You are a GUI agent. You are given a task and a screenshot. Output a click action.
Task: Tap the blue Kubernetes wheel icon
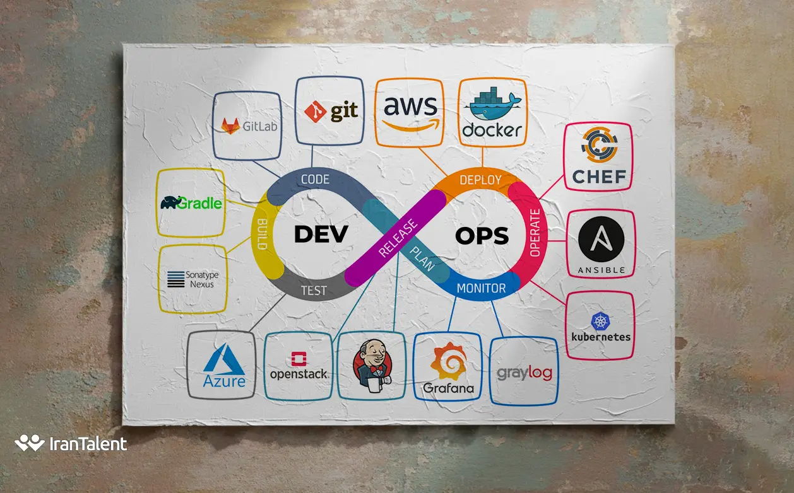click(600, 321)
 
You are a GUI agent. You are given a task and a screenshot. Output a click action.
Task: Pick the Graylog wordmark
click(524, 373)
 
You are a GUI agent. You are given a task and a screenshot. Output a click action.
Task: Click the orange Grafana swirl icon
click(449, 361)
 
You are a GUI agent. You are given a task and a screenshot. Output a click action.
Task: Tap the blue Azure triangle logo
click(224, 357)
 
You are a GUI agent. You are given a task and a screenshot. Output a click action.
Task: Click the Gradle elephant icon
click(170, 202)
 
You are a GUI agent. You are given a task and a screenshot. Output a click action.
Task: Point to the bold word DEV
click(321, 234)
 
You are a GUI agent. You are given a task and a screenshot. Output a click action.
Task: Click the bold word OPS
click(482, 236)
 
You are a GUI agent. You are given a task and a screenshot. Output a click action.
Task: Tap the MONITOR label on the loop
click(481, 288)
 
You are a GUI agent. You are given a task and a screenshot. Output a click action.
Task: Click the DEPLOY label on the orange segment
click(480, 180)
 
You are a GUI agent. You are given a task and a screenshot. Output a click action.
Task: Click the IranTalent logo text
click(88, 444)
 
